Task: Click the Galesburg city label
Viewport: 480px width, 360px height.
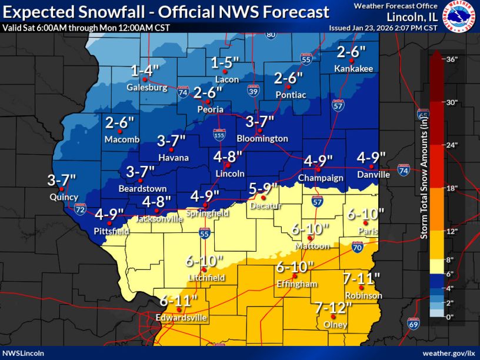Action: tap(146, 88)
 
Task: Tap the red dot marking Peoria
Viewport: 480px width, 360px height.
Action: tap(207, 102)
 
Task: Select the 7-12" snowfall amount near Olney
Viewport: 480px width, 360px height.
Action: tap(333, 307)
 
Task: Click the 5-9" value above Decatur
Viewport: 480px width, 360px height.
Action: tap(262, 189)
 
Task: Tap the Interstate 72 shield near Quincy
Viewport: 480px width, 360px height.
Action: tap(81, 208)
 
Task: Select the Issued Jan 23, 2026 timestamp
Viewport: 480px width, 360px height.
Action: tap(383, 28)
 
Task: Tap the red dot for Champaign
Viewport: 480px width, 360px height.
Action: tap(317, 169)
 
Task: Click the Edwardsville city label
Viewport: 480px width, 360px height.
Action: tap(181, 318)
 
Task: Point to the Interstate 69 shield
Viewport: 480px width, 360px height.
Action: tap(414, 323)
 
